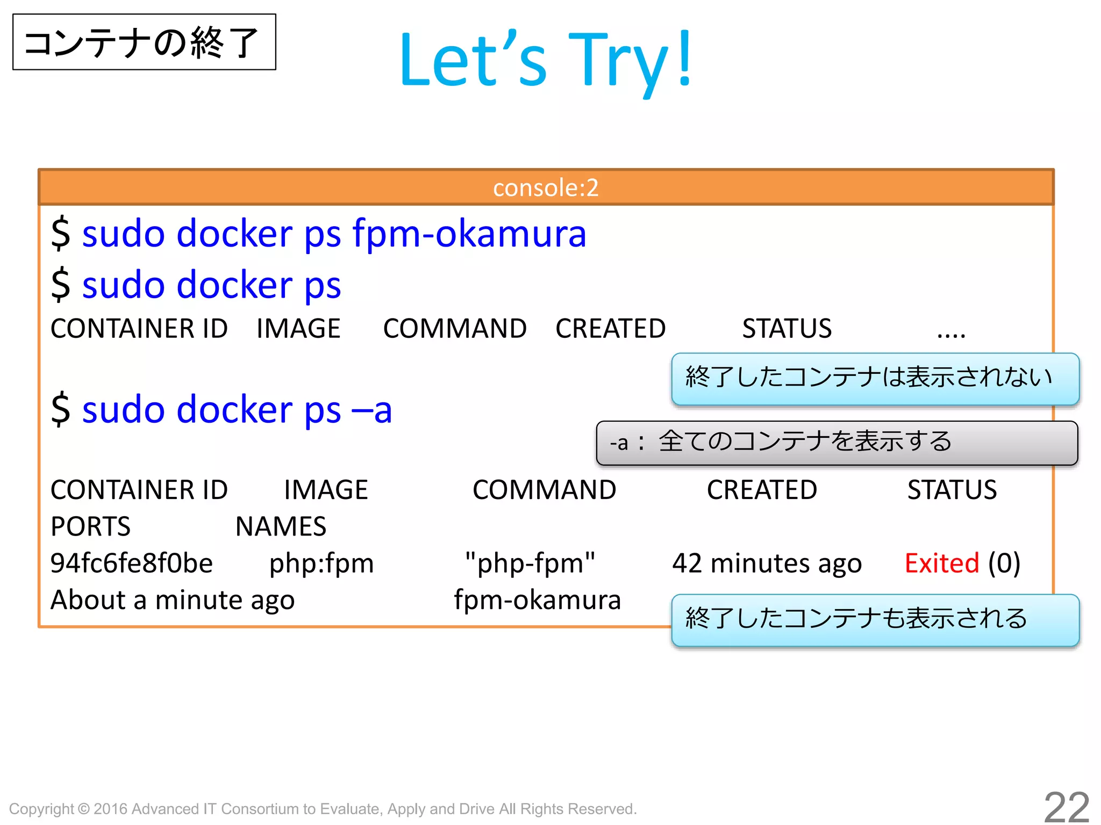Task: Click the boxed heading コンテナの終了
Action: (x=144, y=42)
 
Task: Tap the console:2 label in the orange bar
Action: (x=546, y=188)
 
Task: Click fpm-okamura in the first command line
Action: (x=469, y=234)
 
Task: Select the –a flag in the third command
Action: (x=371, y=410)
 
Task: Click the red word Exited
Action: (x=942, y=563)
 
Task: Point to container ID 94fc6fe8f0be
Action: (x=132, y=563)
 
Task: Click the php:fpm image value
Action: (x=321, y=563)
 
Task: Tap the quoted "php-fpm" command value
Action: (x=530, y=563)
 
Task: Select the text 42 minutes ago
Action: (x=767, y=563)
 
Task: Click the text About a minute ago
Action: (x=173, y=600)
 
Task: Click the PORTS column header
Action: (x=90, y=526)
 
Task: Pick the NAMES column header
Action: (x=281, y=526)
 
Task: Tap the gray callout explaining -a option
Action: (x=837, y=443)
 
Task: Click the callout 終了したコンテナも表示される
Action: (x=875, y=619)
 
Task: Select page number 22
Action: (x=1066, y=807)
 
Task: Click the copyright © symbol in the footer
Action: (x=83, y=808)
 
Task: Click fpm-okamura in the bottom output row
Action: (x=537, y=600)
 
